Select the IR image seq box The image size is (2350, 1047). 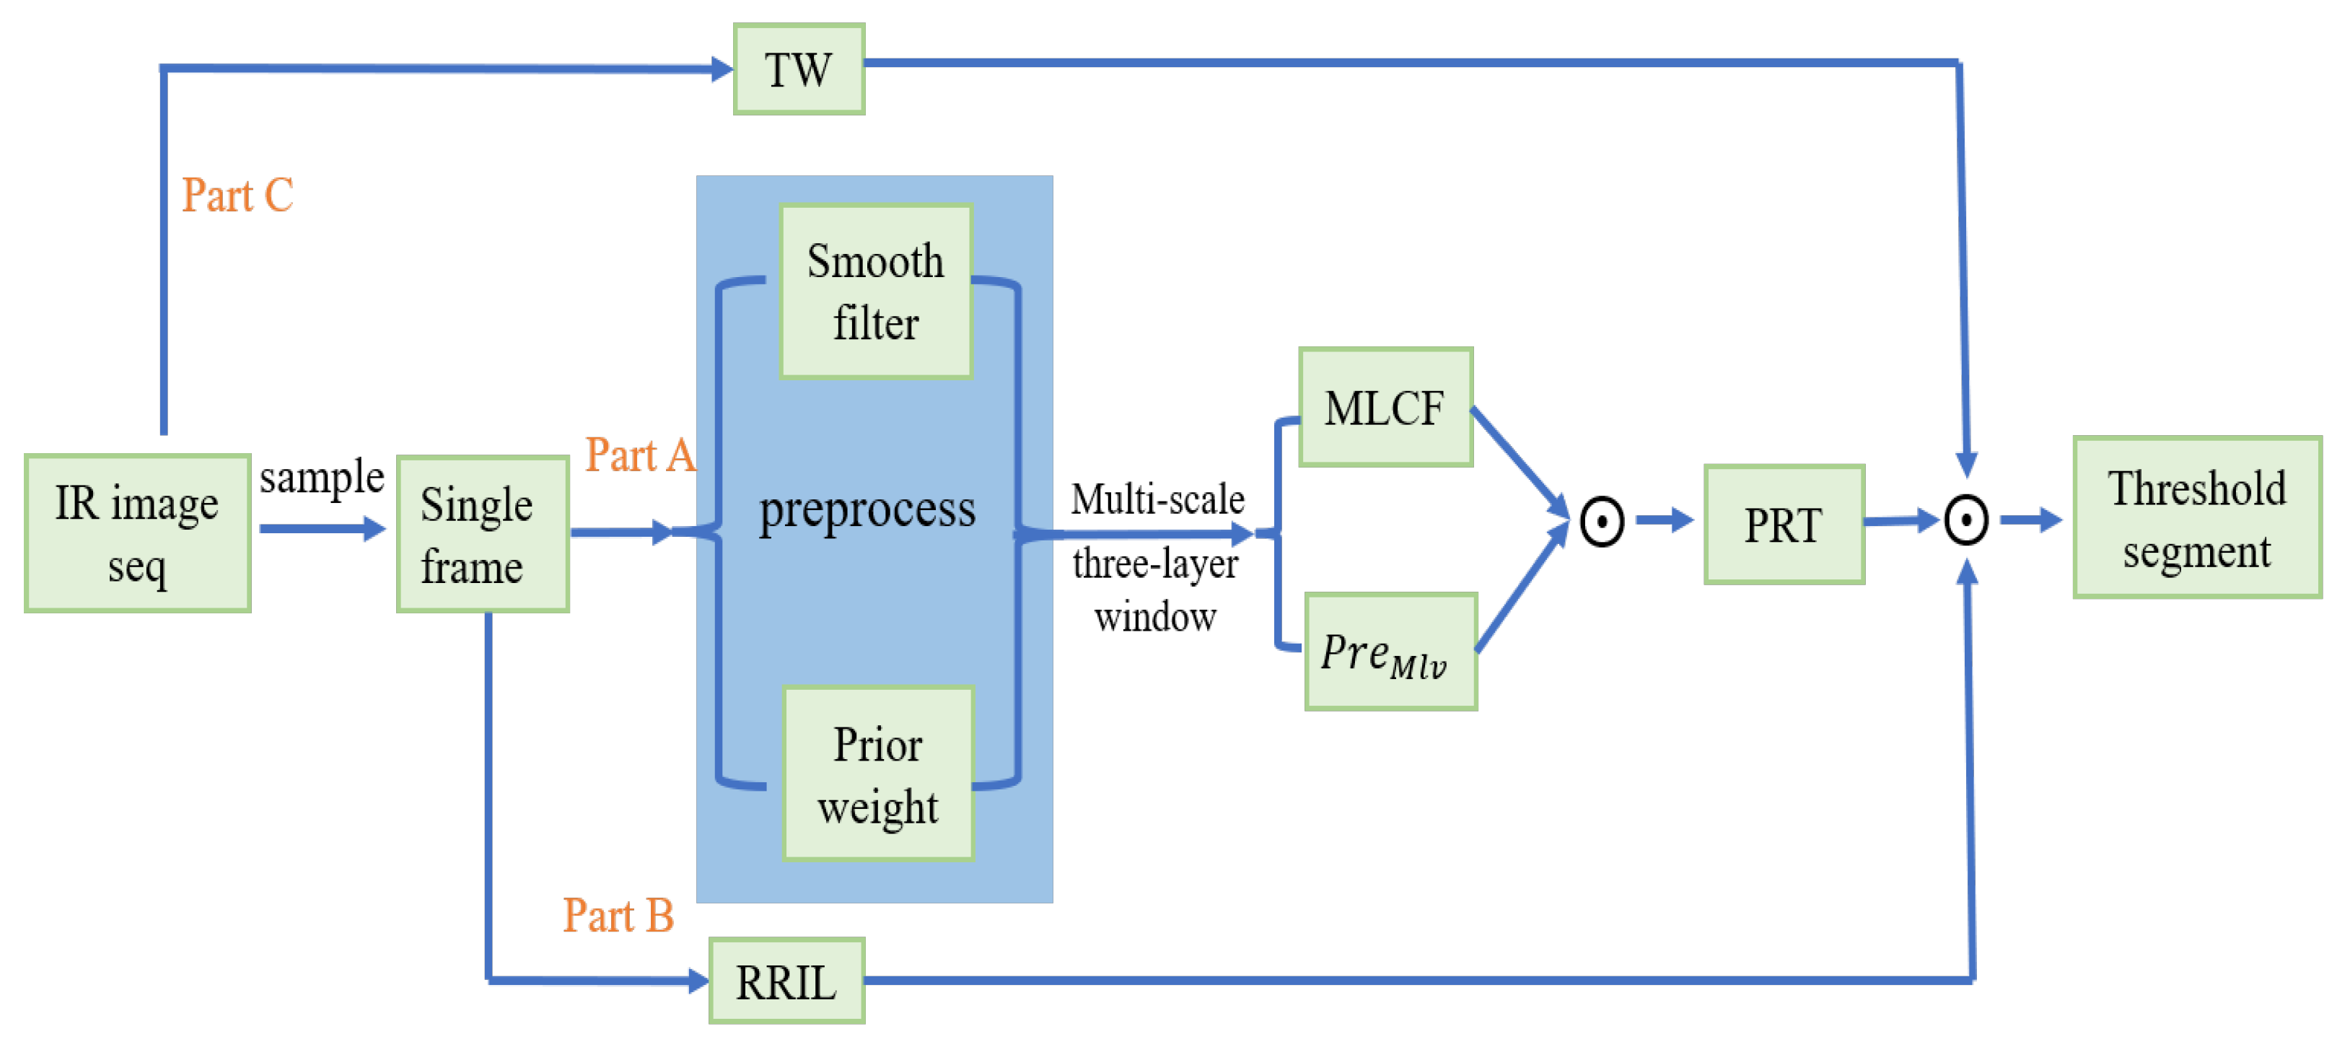(x=138, y=533)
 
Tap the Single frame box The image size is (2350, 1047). (x=483, y=535)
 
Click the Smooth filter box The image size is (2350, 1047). (x=876, y=292)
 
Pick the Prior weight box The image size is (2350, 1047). (x=879, y=774)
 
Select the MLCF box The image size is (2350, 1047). (x=1385, y=407)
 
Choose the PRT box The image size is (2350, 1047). (x=1784, y=525)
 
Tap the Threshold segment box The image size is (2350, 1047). (x=2197, y=517)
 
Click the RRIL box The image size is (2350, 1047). (x=786, y=981)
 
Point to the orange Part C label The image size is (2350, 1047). (x=237, y=195)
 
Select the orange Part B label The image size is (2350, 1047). (x=618, y=915)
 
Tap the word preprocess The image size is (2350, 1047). (x=867, y=509)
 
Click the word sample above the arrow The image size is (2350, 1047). (x=321, y=477)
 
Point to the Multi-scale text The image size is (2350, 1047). (x=1157, y=499)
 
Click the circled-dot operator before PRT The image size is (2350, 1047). (x=1602, y=522)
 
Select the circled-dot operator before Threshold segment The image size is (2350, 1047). (x=1966, y=521)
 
